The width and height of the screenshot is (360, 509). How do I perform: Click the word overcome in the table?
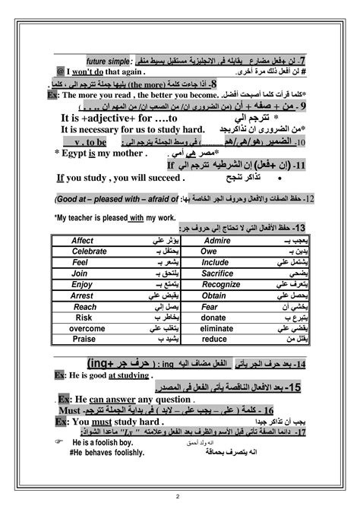click(87, 329)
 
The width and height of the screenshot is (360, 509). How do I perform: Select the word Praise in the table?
click(84, 340)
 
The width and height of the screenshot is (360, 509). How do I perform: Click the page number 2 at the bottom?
click(177, 498)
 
